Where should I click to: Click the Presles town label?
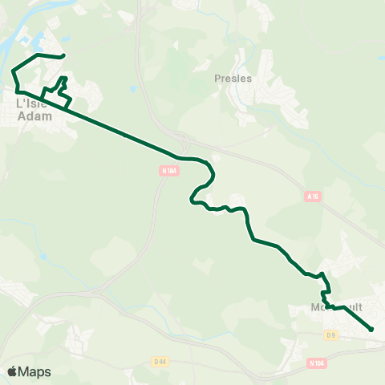[x=233, y=79]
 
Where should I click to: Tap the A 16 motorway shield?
[x=313, y=195]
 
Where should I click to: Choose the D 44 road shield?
[x=160, y=363]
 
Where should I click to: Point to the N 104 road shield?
[x=316, y=363]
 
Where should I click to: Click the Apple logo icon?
[x=12, y=371]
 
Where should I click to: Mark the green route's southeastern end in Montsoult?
[x=372, y=329]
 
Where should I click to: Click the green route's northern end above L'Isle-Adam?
[x=63, y=56]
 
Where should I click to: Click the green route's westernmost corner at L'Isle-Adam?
[x=13, y=71]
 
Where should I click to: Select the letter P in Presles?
[x=218, y=79]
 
